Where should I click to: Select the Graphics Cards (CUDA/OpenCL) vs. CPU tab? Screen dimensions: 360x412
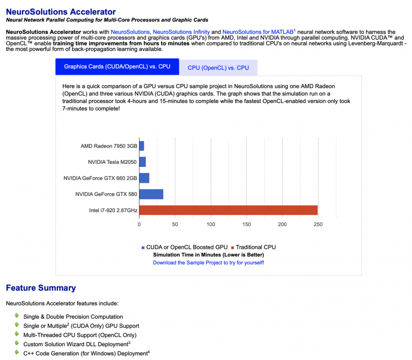[x=117, y=67]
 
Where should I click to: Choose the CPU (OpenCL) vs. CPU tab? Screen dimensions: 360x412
[x=218, y=67]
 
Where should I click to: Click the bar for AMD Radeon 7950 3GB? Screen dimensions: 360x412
[x=142, y=146]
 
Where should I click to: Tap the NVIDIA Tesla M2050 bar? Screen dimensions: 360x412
[x=143, y=162]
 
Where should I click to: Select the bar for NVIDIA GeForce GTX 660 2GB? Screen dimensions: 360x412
[x=144, y=178]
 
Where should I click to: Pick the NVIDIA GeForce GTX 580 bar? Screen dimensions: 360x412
[x=151, y=194]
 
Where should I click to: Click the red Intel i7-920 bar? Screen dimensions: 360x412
[x=228, y=210]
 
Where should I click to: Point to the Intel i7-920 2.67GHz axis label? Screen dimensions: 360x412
[x=113, y=210]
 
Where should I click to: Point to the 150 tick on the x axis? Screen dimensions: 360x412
[x=247, y=225]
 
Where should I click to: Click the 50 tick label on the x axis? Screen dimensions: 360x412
[x=175, y=225]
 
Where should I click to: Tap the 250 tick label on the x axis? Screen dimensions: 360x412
[x=318, y=225]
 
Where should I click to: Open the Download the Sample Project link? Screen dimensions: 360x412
[x=209, y=262]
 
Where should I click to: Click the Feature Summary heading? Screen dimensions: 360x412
[x=41, y=288]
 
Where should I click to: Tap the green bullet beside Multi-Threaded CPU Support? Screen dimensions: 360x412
[x=16, y=334]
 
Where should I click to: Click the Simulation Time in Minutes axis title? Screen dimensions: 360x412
[x=209, y=254]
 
